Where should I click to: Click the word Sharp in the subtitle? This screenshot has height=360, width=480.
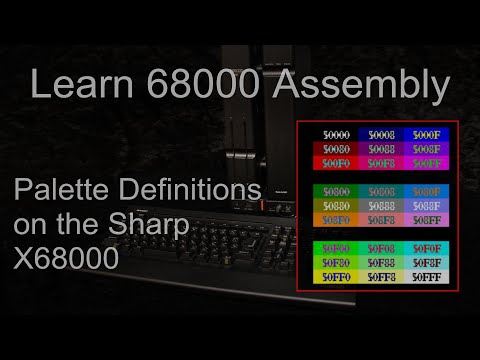click(155, 225)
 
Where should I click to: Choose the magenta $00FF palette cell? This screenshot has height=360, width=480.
click(424, 162)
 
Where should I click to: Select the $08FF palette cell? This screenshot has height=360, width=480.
click(424, 218)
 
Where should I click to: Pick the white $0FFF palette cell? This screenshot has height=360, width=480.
click(424, 275)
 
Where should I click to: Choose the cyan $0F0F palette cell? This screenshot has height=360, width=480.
click(424, 247)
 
